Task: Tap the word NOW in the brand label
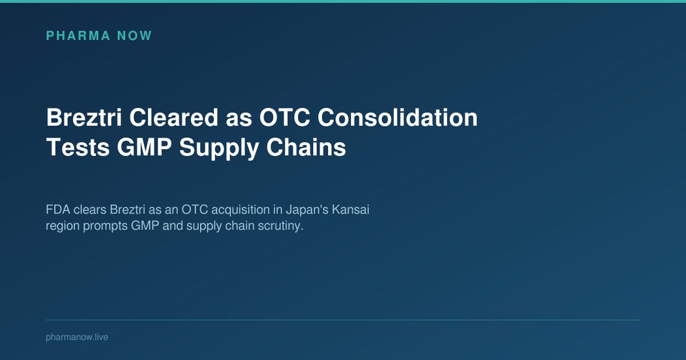[134, 36]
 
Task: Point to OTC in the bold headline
[283, 118]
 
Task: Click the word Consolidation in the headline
[398, 118]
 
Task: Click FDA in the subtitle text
[55, 210]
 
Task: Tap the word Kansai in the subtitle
[350, 210]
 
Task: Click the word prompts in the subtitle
[105, 226]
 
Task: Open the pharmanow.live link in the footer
[77, 337]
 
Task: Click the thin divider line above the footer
[343, 320]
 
